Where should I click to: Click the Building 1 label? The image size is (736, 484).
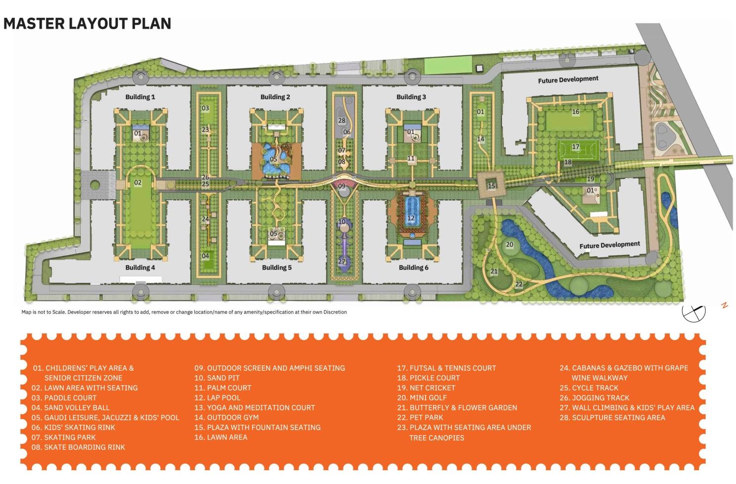(140, 97)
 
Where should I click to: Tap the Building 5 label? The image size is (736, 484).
(277, 267)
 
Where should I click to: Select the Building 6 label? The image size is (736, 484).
(414, 267)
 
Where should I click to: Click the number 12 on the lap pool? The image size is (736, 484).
(411, 218)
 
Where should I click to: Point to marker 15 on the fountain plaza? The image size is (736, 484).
(491, 186)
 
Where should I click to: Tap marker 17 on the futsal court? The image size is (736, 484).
(575, 147)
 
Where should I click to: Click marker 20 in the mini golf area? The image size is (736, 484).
(510, 244)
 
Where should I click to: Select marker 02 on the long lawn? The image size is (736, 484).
(138, 182)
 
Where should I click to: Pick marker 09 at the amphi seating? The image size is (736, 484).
(342, 186)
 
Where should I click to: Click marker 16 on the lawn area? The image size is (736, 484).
(575, 112)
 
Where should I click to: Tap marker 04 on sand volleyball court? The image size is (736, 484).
(205, 256)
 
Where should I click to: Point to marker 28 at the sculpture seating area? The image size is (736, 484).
(342, 121)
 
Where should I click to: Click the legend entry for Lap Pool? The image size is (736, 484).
(217, 397)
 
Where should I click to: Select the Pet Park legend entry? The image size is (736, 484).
(420, 417)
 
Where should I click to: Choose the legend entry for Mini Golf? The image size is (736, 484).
(422, 397)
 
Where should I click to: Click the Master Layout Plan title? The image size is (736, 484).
(87, 23)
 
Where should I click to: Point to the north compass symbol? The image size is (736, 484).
(693, 311)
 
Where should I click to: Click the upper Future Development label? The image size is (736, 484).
(568, 79)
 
